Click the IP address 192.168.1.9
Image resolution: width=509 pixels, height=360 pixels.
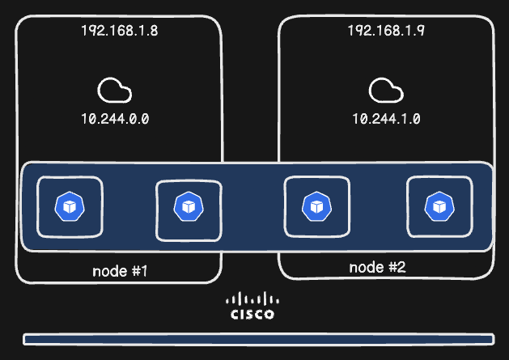[x=387, y=31]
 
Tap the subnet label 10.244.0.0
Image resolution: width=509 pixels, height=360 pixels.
[x=115, y=118]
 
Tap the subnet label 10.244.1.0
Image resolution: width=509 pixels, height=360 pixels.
[x=386, y=118]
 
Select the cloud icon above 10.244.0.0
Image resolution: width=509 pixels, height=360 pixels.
[x=114, y=89]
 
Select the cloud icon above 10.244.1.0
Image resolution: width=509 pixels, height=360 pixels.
[x=384, y=89]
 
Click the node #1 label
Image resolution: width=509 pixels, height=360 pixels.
[x=119, y=270]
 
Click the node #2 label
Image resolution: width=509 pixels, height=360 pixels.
[x=377, y=267]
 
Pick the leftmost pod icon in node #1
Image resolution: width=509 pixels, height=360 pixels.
[x=70, y=206]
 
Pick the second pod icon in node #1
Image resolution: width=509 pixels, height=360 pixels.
[x=188, y=207]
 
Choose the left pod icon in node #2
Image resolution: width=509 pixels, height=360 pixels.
[x=317, y=206]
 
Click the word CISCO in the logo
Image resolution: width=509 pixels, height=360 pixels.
[x=252, y=314]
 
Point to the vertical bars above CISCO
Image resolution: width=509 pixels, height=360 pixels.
[x=252, y=298]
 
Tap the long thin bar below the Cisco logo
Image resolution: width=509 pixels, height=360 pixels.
[x=258, y=339]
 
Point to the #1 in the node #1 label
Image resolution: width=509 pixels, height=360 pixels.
[x=140, y=270]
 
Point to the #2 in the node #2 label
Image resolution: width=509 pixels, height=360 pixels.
[x=398, y=267]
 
